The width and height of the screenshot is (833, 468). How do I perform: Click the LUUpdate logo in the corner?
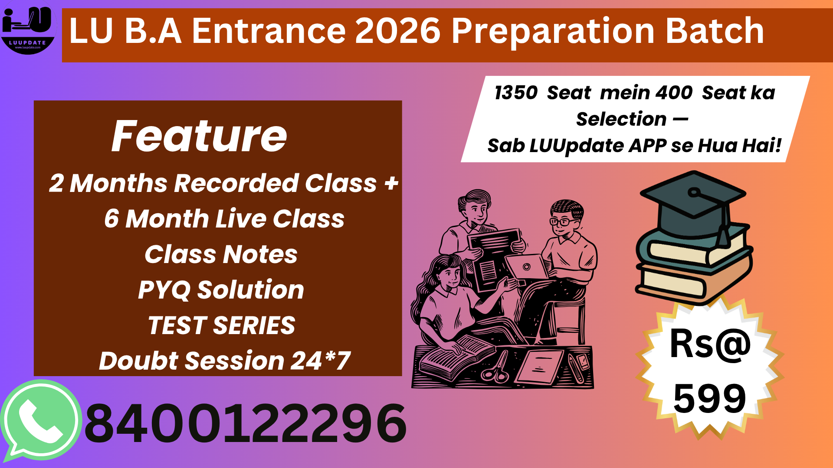(28, 29)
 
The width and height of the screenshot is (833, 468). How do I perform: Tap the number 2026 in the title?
(397, 31)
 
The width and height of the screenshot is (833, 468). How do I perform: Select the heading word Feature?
(199, 136)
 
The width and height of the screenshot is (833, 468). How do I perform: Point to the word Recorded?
(236, 183)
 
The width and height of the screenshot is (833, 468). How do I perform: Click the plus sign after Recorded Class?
(391, 183)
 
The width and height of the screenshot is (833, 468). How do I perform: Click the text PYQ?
(164, 290)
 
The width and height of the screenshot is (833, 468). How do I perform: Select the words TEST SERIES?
(221, 325)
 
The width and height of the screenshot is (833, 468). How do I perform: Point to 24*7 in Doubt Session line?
(320, 361)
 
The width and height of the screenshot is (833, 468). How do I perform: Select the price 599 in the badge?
(709, 399)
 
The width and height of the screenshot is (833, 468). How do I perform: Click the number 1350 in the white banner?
(516, 93)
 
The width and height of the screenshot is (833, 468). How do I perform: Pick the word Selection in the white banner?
(621, 119)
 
